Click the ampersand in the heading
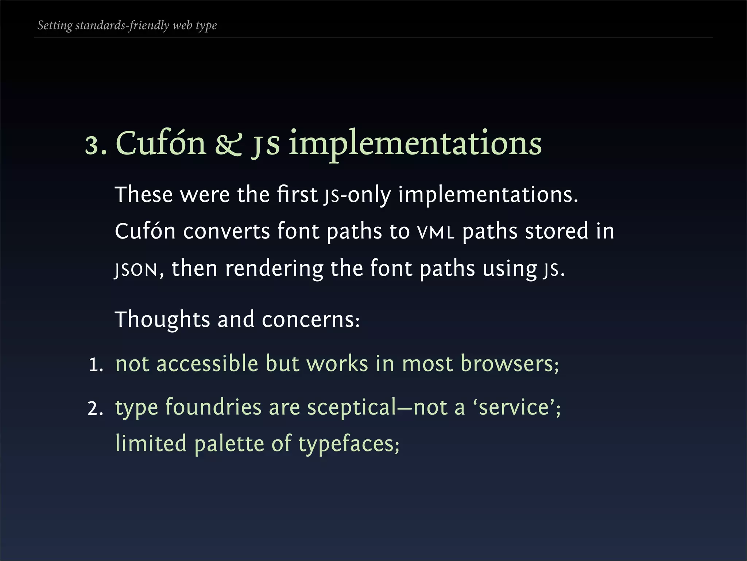click(x=228, y=144)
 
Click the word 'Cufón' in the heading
click(x=161, y=143)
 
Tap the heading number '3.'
click(x=96, y=145)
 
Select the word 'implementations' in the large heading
click(x=415, y=144)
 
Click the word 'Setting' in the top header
click(x=55, y=25)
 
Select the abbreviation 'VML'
click(x=436, y=232)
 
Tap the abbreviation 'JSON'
click(x=136, y=270)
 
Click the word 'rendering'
click(x=274, y=269)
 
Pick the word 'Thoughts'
click(x=162, y=320)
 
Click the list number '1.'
click(x=96, y=365)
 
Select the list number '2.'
click(x=96, y=409)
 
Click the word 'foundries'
click(x=213, y=407)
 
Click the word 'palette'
click(x=229, y=444)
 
